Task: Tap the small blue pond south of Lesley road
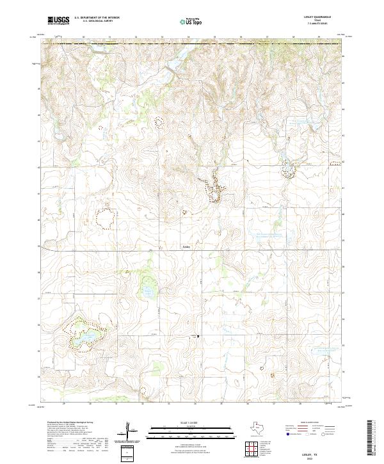pos(148,291)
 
